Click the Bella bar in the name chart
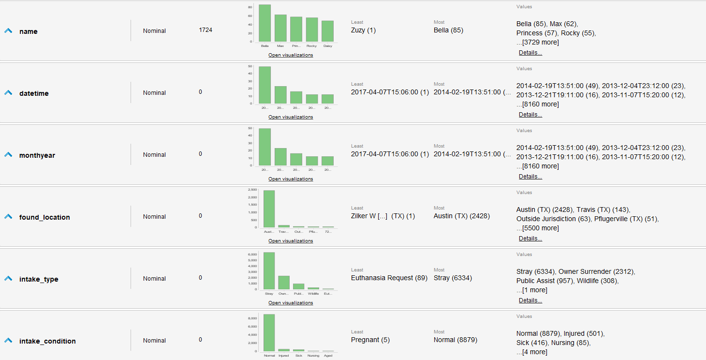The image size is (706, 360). point(265,23)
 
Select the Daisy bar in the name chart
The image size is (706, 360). point(327,31)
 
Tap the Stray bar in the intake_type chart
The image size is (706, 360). point(269,271)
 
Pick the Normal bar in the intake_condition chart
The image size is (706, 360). point(269,332)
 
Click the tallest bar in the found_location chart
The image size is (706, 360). point(269,209)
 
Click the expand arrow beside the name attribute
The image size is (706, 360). point(8,31)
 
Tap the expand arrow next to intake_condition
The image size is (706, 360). point(8,341)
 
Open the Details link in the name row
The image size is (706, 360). point(530,53)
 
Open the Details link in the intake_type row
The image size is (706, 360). point(530,300)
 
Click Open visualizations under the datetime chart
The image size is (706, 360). point(291,117)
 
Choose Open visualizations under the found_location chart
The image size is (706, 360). point(291,241)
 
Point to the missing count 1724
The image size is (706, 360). point(206,30)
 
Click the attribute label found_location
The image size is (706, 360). point(44,217)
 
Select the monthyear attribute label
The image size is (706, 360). point(37,155)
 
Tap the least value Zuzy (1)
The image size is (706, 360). point(363,30)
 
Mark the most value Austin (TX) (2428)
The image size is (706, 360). point(461,216)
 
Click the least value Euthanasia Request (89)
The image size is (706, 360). point(389,278)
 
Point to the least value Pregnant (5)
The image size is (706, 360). point(370,340)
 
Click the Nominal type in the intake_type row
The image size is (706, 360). point(154,278)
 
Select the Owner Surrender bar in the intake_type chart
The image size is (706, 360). point(284,283)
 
